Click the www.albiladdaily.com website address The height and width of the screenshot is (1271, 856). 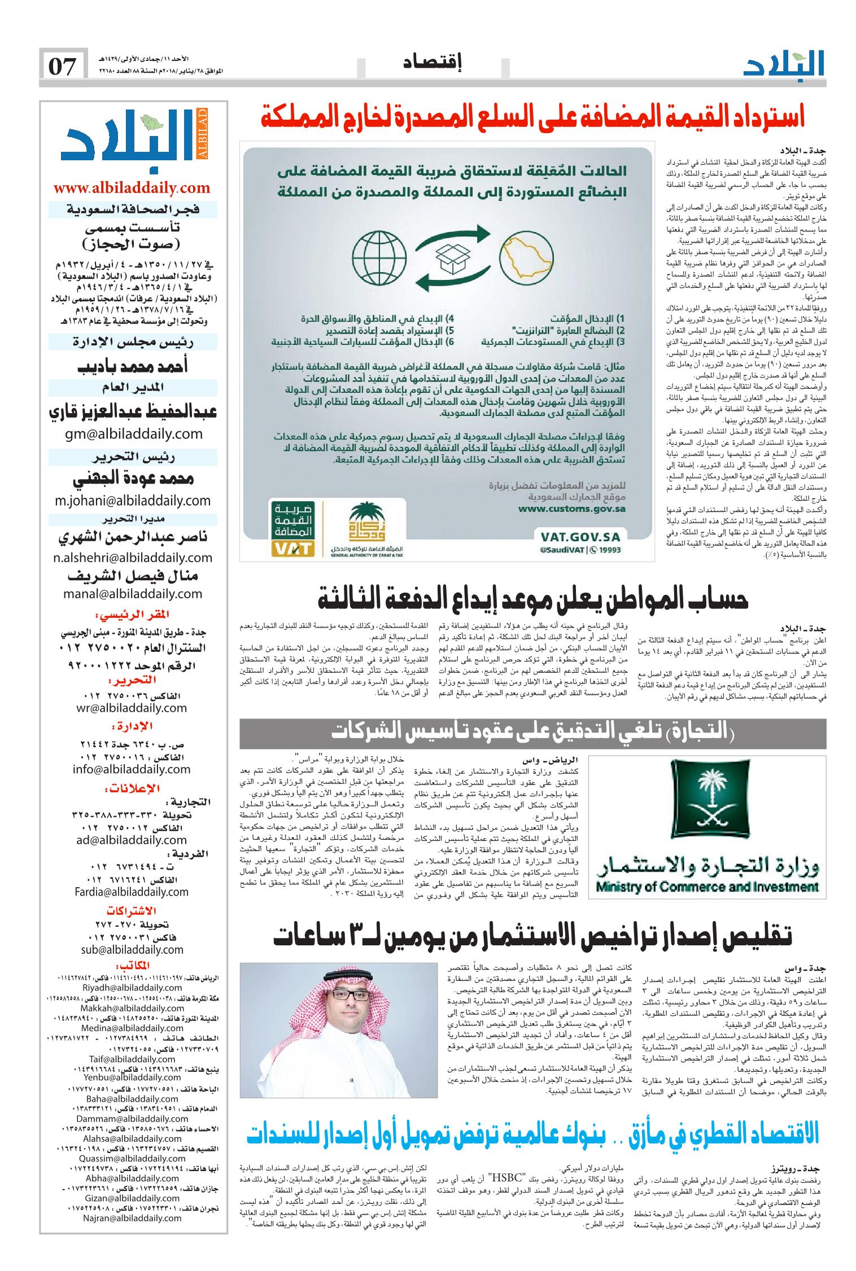click(x=132, y=188)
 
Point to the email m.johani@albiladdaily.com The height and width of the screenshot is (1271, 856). click(x=133, y=501)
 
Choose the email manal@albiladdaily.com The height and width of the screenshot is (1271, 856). click(x=133, y=593)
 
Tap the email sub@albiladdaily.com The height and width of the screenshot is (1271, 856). click(x=133, y=950)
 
